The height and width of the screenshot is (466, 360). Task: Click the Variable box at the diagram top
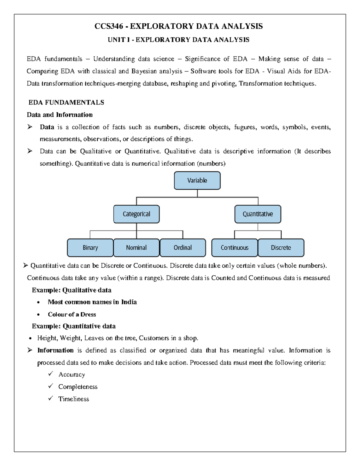pos(197,181)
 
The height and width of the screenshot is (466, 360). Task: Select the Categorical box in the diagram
pos(136,214)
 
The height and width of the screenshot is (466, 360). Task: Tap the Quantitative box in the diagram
pos(258,214)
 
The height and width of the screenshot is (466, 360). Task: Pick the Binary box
pos(90,248)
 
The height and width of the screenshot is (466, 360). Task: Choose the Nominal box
pos(136,248)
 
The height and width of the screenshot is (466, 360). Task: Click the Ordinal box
pos(182,248)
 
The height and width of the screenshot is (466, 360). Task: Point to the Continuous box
pos(235,248)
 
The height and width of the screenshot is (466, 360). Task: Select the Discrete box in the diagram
pos(281,248)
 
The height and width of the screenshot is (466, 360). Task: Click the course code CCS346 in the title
pos(109,26)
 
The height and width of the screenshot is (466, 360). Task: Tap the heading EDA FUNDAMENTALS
pos(66,103)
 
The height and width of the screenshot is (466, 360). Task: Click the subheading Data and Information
pos(60,115)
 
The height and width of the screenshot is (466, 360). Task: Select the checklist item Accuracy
pos(72,375)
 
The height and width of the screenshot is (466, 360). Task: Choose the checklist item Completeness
pos(78,387)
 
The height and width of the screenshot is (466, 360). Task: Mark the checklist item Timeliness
pos(73,399)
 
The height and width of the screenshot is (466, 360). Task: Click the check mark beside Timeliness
pos(50,398)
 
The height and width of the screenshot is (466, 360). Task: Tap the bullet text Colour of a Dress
pos(72,314)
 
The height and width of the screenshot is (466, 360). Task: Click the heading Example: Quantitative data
pos(74,326)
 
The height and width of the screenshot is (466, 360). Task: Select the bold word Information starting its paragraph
pos(55,350)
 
